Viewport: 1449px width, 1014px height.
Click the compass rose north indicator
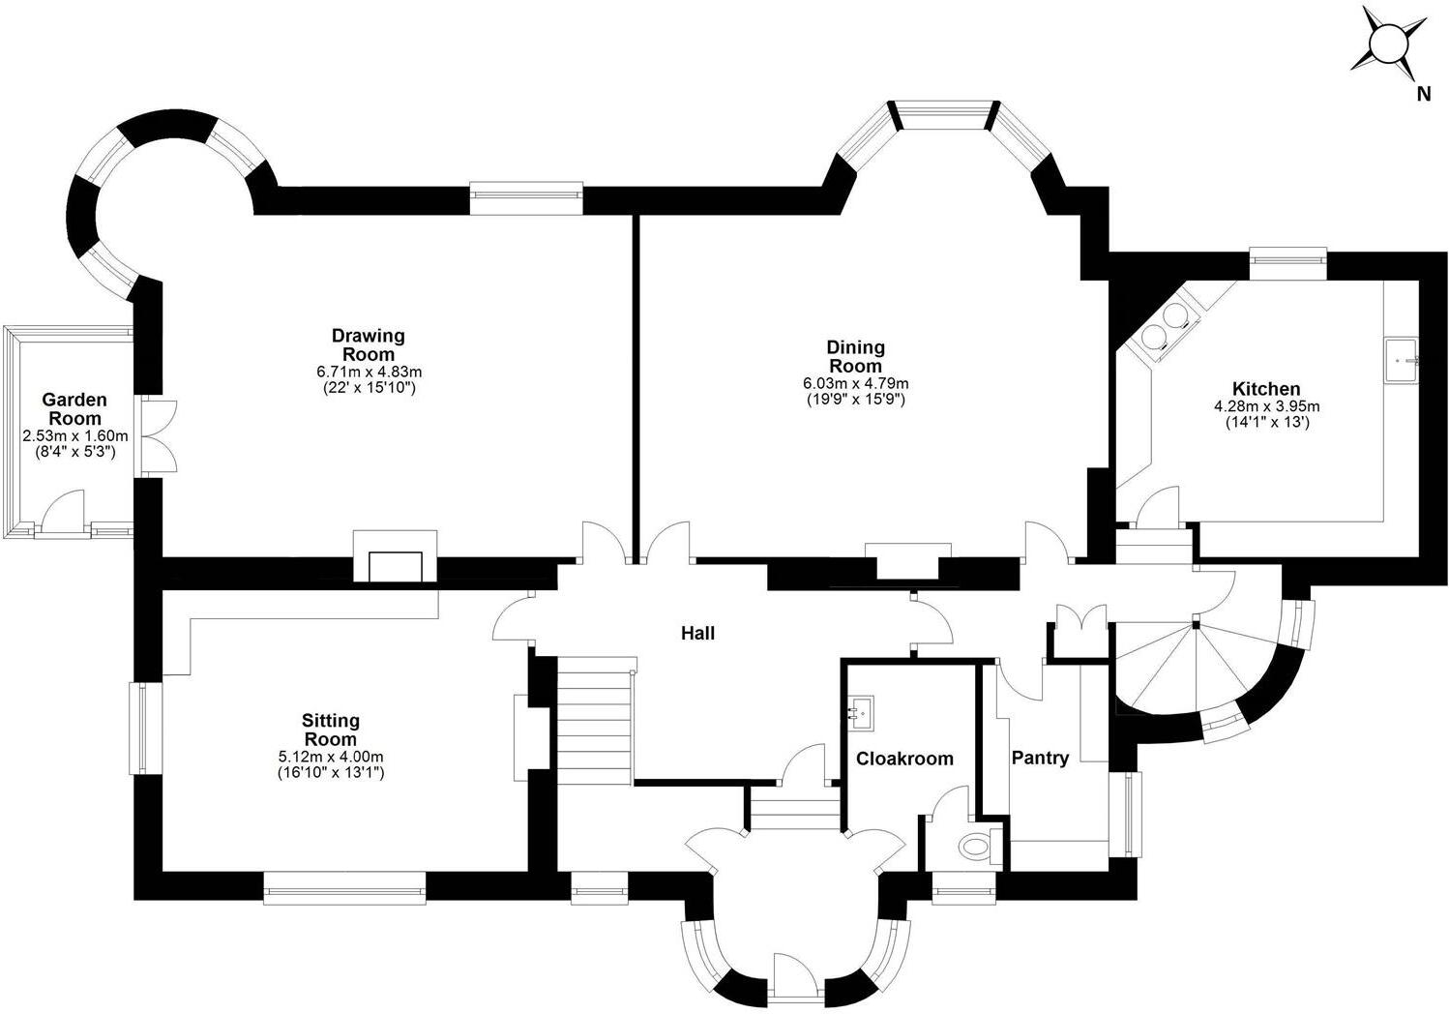(1390, 46)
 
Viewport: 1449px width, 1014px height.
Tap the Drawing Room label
(369, 344)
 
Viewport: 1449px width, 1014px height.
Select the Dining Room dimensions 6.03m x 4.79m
(855, 383)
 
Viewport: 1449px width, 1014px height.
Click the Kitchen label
(1266, 389)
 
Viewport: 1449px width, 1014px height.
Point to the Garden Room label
(74, 408)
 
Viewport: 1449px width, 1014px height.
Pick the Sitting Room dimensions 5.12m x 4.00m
(331, 757)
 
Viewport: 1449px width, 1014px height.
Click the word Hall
(697, 634)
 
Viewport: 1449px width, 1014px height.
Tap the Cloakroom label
(904, 759)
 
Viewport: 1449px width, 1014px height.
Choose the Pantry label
(1040, 758)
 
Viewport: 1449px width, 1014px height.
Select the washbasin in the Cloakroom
(862, 712)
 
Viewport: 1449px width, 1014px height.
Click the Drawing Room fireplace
(396, 562)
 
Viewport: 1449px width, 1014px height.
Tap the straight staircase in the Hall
(594, 721)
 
